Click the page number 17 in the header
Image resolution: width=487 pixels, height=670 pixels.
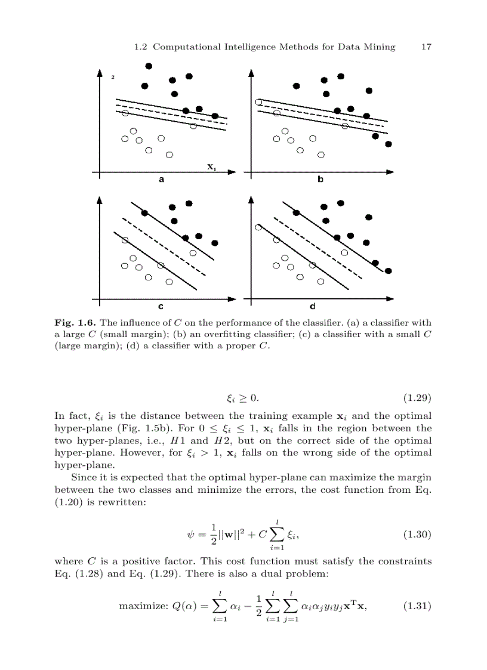(426, 47)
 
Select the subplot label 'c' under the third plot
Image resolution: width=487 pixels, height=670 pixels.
(161, 307)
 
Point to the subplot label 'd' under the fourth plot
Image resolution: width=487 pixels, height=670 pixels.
(313, 307)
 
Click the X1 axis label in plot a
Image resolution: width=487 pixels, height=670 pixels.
(211, 167)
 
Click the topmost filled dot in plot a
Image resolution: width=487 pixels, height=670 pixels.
(149, 66)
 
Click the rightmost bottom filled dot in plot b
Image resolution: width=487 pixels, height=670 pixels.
(389, 144)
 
